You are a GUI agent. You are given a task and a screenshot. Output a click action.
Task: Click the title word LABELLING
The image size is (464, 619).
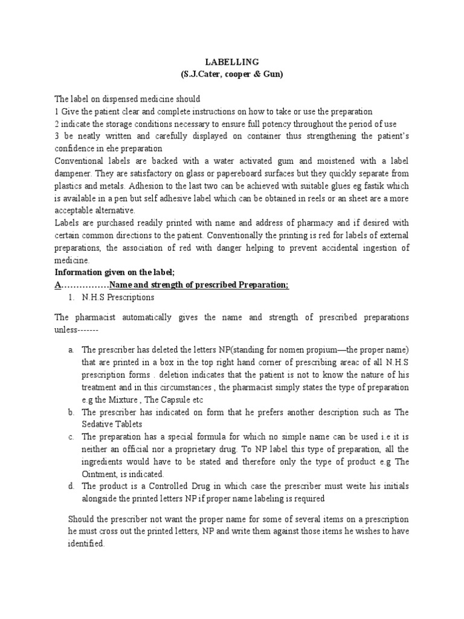(231, 62)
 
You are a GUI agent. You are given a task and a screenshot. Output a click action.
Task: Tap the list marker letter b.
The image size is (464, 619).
(71, 412)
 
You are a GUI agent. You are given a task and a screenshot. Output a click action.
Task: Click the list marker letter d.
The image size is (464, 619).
(71, 487)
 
